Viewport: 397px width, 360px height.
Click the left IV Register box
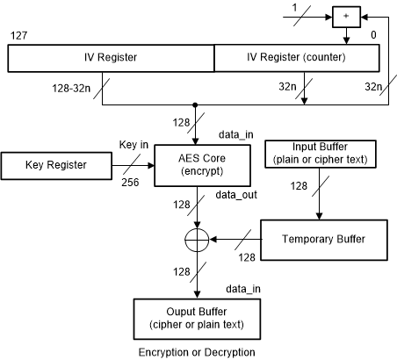[111, 59]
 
